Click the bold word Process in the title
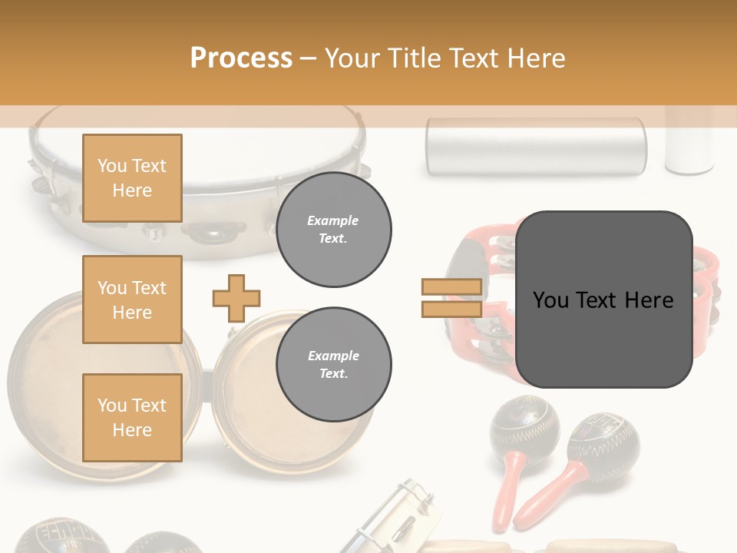click(241, 58)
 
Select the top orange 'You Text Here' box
click(132, 178)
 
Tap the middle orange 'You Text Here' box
click(132, 300)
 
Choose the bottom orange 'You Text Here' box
click(132, 418)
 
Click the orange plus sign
click(236, 298)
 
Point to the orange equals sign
click(451, 298)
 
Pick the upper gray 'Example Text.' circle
click(334, 230)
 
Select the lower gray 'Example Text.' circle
click(334, 365)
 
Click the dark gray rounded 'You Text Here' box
click(604, 300)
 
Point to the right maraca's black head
click(603, 441)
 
